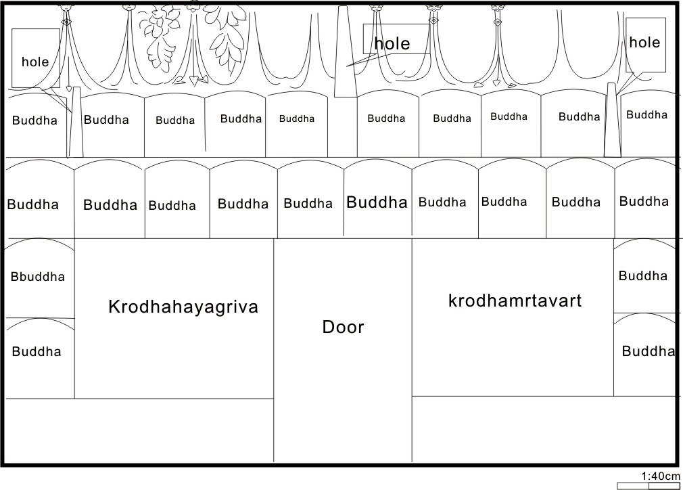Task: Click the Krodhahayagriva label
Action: [x=183, y=307]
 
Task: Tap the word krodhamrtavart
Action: [x=515, y=300]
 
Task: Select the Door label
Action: [x=343, y=327]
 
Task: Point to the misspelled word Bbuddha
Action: [x=37, y=276]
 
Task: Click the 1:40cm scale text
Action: [x=661, y=476]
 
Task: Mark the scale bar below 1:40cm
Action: [x=649, y=486]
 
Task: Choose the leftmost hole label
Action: [x=35, y=62]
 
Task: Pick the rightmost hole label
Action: [x=644, y=42]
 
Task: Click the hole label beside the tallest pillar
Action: [x=392, y=43]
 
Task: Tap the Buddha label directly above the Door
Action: [x=377, y=202]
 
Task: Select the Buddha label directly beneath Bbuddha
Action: [x=37, y=351]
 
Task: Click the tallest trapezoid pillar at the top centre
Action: [x=346, y=51]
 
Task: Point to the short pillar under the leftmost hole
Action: [x=76, y=122]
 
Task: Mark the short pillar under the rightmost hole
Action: [x=612, y=120]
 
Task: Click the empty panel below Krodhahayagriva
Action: [x=139, y=430]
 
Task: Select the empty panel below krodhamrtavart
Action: [x=544, y=429]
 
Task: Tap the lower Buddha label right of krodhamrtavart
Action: [x=648, y=351]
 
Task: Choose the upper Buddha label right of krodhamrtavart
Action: [x=643, y=275]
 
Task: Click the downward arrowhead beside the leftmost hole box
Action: [x=68, y=89]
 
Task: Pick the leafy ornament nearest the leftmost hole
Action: [x=159, y=39]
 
